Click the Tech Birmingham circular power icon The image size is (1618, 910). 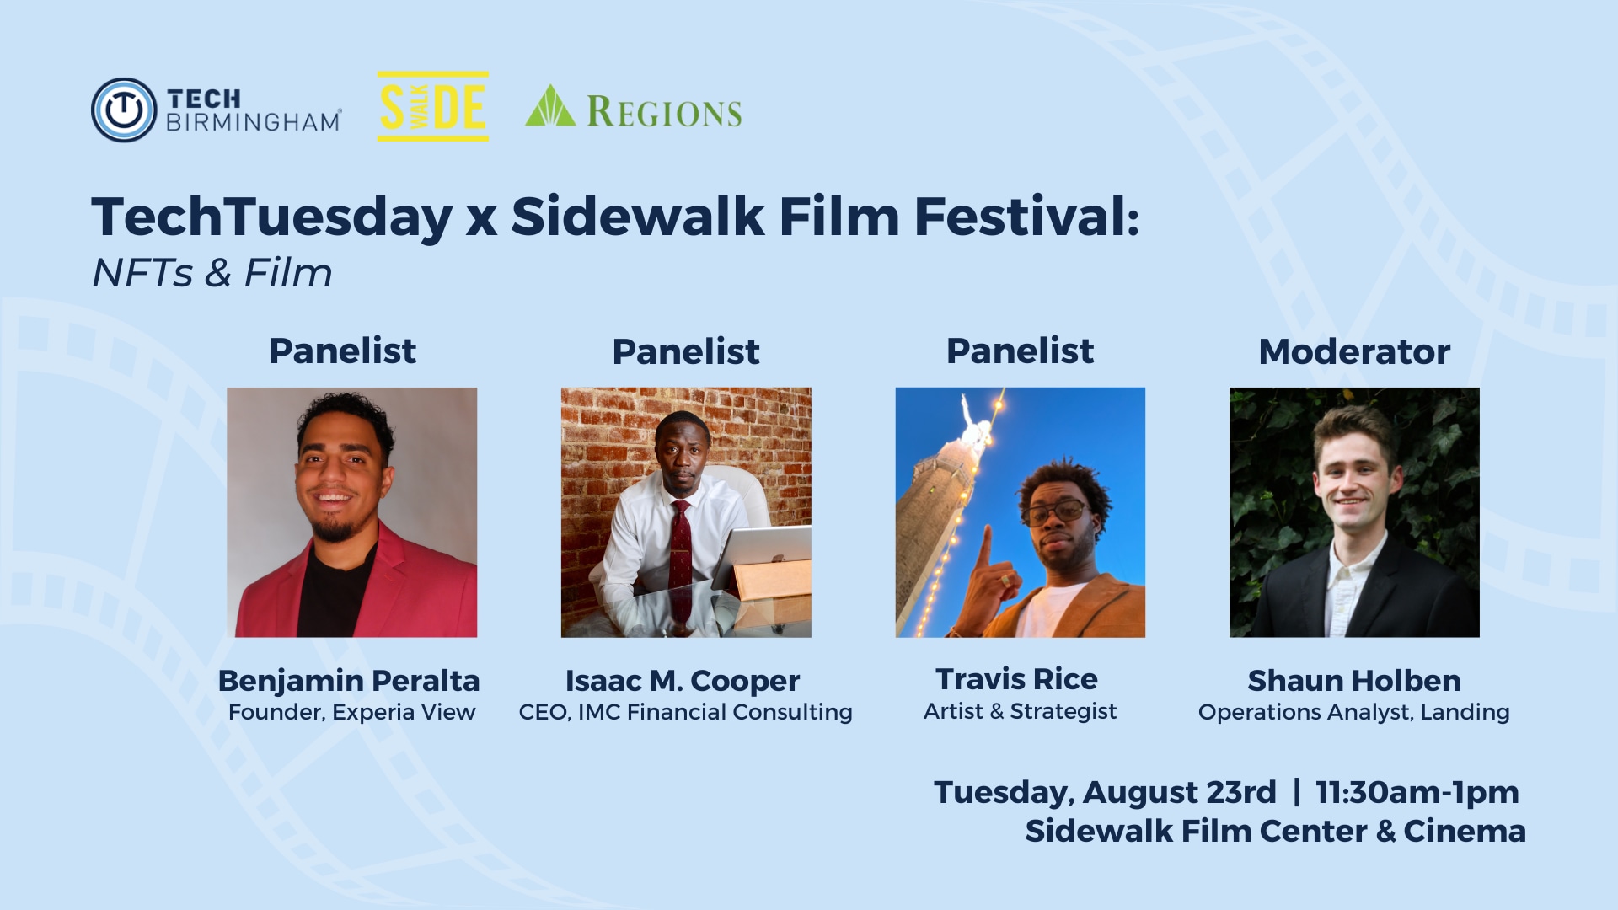pos(124,110)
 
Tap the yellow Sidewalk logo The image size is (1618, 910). pos(432,106)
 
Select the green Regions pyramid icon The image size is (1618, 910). pos(550,105)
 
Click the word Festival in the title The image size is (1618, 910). pos(1026,217)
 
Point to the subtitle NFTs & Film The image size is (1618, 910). pos(212,273)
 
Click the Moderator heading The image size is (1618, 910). pos(1354,351)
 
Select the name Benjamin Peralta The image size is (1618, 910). pos(349,680)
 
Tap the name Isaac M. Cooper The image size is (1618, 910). pos(683,681)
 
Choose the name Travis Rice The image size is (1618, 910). pos(1017,679)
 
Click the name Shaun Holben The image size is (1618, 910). pos(1354,680)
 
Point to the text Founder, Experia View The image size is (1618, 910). pos(352,713)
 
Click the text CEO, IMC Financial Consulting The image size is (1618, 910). pos(686,713)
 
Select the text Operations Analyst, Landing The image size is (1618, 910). pos(1354,713)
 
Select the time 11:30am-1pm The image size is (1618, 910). pos(1417,793)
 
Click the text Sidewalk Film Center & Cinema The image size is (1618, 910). pos(1275,832)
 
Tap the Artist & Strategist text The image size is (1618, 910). pos(1020,712)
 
